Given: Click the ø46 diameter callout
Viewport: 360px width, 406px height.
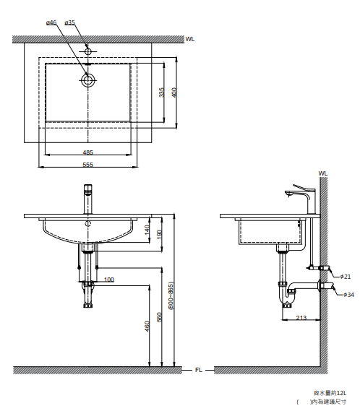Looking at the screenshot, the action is click(x=51, y=23).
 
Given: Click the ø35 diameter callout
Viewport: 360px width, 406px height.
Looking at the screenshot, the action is click(x=69, y=23).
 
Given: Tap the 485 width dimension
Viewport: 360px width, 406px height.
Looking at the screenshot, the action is click(x=88, y=152).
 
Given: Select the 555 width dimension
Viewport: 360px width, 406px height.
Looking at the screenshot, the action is click(x=88, y=165).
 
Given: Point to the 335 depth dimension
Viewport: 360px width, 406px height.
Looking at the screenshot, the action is click(x=161, y=92).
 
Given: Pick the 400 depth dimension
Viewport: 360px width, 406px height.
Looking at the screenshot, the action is click(x=174, y=92).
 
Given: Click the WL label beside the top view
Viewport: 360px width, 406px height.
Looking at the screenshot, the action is click(x=190, y=39).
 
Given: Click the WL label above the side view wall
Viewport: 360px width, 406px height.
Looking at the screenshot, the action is click(x=323, y=173).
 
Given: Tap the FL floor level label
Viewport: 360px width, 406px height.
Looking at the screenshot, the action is click(x=199, y=371).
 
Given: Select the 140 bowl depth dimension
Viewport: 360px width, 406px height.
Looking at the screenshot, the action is click(x=147, y=230).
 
